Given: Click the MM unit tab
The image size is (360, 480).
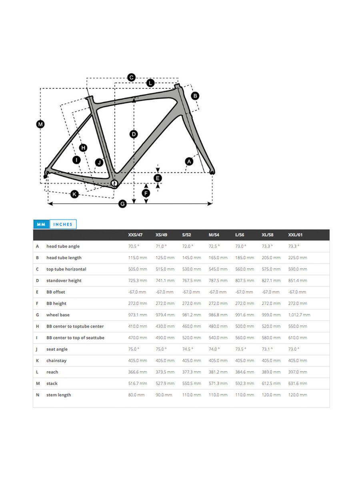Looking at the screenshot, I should click(41, 224).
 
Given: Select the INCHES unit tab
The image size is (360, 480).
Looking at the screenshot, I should click(63, 224).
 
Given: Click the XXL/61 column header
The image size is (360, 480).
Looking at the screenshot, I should click(296, 235).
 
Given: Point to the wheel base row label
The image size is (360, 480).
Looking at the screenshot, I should click(58, 315).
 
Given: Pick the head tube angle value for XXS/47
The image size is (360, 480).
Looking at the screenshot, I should click(134, 246).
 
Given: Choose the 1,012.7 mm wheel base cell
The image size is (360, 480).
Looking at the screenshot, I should click(299, 315).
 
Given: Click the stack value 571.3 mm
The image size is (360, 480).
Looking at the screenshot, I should click(218, 384).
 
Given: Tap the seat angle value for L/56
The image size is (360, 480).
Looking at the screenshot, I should click(240, 349).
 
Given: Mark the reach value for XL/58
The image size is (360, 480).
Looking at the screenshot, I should click(271, 372).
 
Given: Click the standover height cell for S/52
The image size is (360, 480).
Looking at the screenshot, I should click(191, 281).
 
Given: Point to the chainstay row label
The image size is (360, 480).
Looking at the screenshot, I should click(56, 361).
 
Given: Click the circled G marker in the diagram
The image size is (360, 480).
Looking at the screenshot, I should click(123, 204).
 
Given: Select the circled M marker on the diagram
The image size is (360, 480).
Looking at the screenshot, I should click(40, 124).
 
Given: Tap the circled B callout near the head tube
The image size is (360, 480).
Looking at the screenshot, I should click(195, 96).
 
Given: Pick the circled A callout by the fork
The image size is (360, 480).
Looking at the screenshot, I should click(189, 161).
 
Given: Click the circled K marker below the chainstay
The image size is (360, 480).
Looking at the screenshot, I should click(74, 194).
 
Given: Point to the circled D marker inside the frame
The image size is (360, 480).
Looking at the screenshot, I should click(134, 134).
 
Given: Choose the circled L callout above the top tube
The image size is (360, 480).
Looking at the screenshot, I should click(150, 83).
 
